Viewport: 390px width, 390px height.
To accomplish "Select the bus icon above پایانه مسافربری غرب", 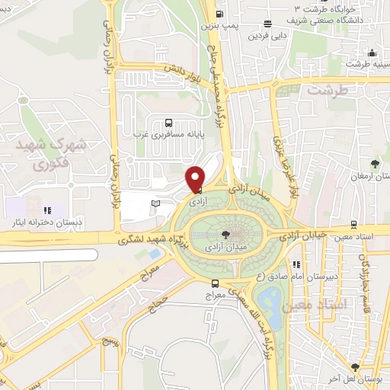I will coord(168,122).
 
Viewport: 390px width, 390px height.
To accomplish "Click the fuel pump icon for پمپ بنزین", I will coord(219,14).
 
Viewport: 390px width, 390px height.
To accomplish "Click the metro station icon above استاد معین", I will coord(354,224).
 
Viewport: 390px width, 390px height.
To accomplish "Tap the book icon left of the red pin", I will coord(156,203).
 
